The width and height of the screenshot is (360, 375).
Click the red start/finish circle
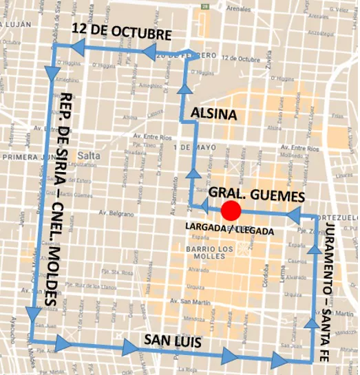231,211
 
